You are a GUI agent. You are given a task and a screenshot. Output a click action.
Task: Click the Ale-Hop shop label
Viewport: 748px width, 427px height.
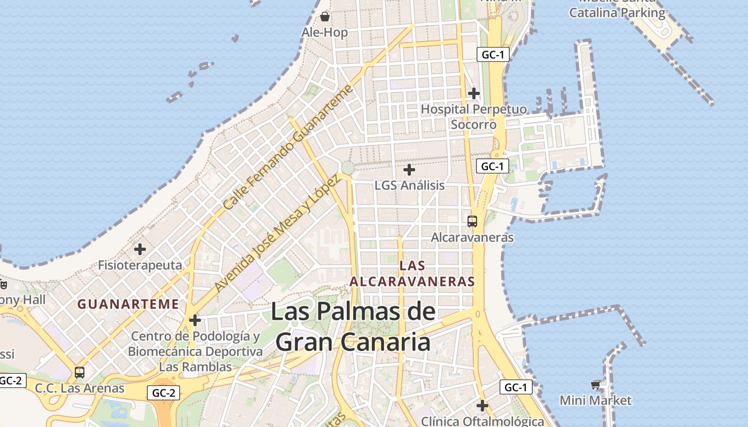[324, 33]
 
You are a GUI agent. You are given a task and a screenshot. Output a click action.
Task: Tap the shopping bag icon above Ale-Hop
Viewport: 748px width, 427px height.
[324, 17]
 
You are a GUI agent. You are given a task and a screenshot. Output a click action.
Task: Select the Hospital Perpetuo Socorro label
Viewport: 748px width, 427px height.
[473, 117]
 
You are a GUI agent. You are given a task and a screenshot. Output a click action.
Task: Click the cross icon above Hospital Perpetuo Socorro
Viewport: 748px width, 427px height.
[473, 93]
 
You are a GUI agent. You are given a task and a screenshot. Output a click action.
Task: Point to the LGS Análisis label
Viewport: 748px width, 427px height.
[409, 185]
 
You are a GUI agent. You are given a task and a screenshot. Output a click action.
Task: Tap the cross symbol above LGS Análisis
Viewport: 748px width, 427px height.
[409, 170]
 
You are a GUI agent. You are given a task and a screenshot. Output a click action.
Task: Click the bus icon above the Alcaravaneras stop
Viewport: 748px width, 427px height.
[472, 221]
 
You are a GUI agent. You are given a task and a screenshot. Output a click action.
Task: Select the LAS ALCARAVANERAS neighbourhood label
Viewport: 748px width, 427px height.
[412, 273]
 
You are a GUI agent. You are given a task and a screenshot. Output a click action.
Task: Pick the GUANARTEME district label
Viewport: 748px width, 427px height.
[128, 304]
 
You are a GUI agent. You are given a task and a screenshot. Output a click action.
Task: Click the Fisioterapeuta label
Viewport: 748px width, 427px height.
[140, 265]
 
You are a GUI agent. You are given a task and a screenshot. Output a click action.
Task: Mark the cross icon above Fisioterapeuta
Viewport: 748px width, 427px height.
[140, 249]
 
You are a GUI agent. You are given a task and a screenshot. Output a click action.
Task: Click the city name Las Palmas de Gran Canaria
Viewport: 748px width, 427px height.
[353, 327]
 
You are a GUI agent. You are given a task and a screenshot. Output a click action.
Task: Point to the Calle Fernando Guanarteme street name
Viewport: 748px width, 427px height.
[289, 147]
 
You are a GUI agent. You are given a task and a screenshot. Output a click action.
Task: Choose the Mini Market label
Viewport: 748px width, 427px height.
[595, 400]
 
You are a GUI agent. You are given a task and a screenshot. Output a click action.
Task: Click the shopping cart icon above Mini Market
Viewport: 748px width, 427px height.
[596, 385]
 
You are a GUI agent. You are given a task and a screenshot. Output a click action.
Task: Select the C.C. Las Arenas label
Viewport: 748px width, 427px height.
[80, 388]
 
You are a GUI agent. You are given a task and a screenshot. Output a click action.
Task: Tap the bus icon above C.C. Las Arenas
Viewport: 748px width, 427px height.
[80, 373]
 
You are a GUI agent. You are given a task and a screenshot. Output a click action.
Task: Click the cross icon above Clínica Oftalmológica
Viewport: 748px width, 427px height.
[482, 406]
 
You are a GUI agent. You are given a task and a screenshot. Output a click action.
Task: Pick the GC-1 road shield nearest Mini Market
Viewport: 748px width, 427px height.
[516, 388]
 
